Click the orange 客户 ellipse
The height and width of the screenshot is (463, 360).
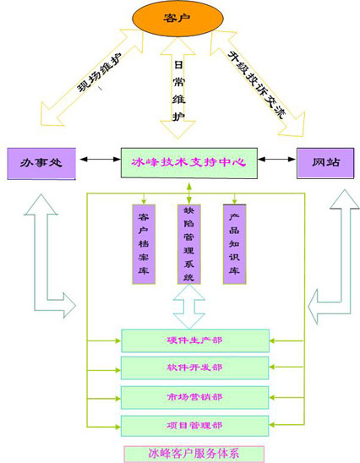177,18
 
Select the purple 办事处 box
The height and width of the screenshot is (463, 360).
41,164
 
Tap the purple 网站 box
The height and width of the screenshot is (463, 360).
325,163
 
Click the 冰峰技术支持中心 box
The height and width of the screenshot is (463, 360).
189,163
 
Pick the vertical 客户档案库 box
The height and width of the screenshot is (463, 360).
144,244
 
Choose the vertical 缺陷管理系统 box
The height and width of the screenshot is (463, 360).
189,244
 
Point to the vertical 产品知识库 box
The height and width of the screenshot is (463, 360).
234,244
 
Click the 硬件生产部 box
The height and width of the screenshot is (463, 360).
195,340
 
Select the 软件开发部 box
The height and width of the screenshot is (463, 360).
195,368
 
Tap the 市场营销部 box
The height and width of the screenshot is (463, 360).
195,397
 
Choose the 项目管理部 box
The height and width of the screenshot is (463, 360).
195,426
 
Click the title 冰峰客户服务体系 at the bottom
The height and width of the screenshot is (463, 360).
194,454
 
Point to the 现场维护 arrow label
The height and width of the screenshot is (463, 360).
99,73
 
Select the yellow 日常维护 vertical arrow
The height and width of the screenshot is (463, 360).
177,88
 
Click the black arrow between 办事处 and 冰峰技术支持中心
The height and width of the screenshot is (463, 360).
101,160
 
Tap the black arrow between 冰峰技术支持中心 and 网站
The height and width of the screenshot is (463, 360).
276,160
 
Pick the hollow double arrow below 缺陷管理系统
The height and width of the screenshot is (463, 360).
189,307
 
